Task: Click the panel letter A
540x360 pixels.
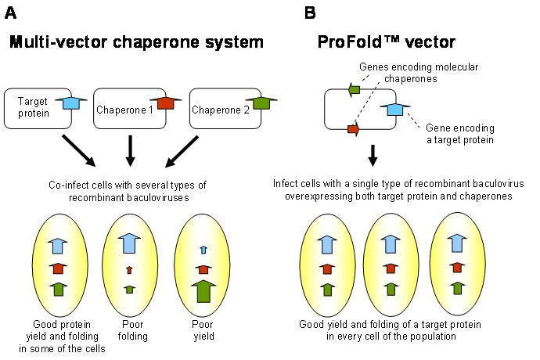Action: pyautogui.click(x=10, y=13)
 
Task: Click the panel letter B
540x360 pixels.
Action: pyautogui.click(x=310, y=13)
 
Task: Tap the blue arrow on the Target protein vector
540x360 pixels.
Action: pyautogui.click(x=71, y=103)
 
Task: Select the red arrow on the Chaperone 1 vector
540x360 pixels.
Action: pyautogui.click(x=166, y=103)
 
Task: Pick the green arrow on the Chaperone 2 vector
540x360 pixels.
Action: pyautogui.click(x=261, y=103)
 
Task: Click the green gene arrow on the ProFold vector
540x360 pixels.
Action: pyautogui.click(x=354, y=89)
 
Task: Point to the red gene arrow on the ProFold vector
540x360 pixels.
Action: pyautogui.click(x=354, y=130)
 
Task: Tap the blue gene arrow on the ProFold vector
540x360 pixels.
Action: pyautogui.click(x=395, y=109)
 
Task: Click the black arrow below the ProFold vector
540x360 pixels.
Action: pyautogui.click(x=373, y=156)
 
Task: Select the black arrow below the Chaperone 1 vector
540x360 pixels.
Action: pyautogui.click(x=130, y=151)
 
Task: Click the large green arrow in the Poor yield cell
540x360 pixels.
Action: pyautogui.click(x=203, y=291)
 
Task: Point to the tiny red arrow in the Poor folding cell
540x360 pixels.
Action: pyautogui.click(x=129, y=270)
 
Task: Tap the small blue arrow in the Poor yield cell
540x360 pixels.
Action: pyautogui.click(x=203, y=250)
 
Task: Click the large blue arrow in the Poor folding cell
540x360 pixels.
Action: pyautogui.click(x=129, y=243)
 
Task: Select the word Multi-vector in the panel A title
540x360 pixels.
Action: pyautogui.click(x=59, y=42)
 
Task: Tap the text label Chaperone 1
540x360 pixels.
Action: pyautogui.click(x=124, y=110)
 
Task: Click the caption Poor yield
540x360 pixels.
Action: pyautogui.click(x=203, y=330)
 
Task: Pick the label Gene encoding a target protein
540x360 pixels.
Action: pyautogui.click(x=460, y=134)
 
